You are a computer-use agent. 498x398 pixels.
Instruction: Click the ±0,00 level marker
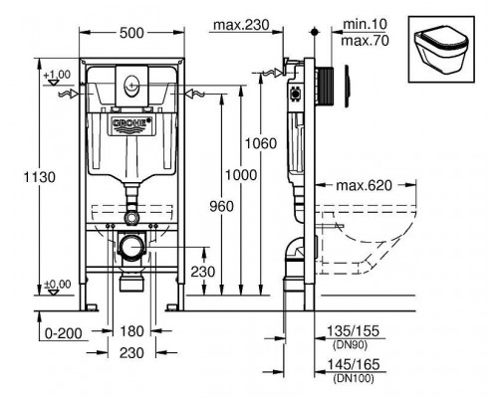click(57, 285)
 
